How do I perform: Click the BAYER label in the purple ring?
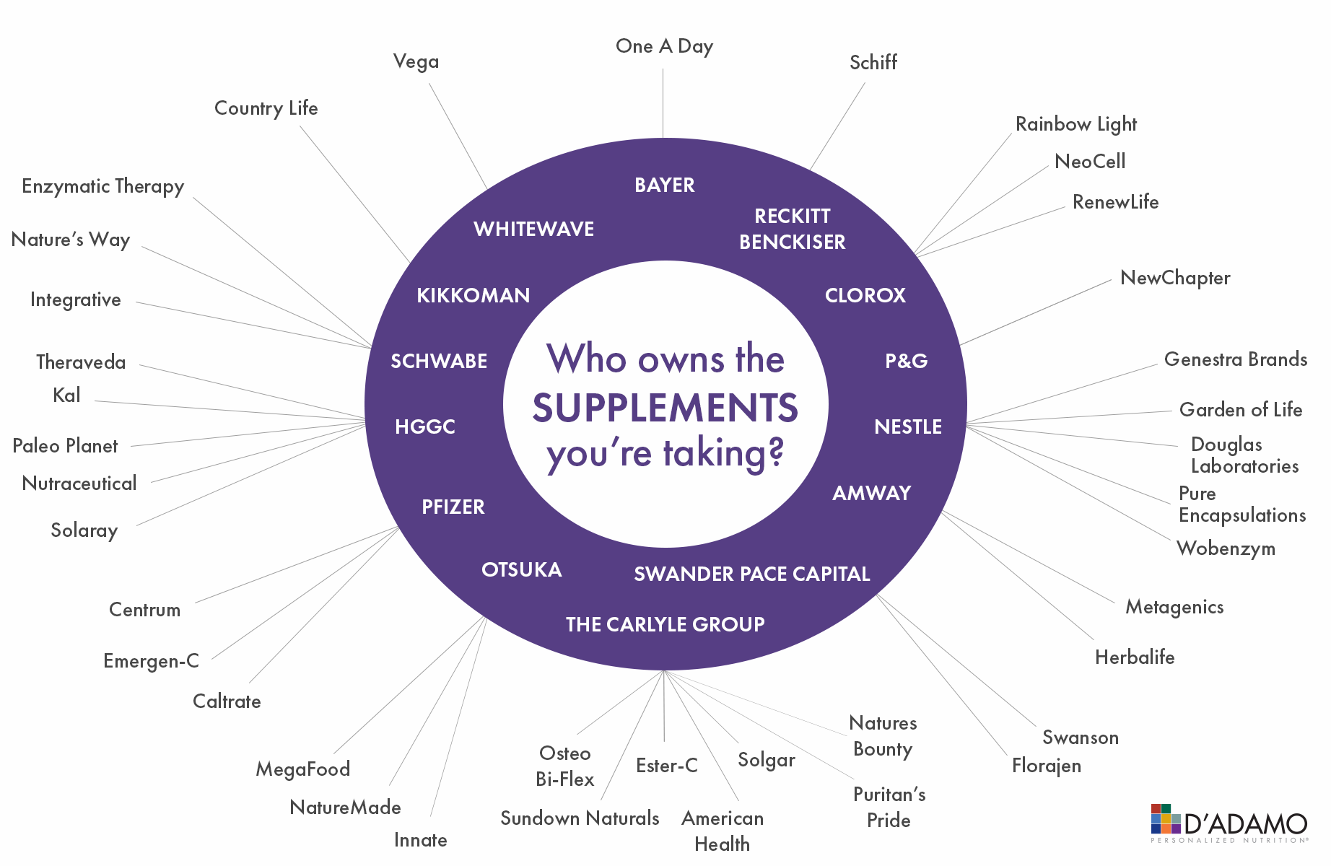click(664, 185)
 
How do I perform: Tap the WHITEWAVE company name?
click(533, 229)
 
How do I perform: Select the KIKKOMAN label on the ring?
click(473, 296)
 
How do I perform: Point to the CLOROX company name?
click(865, 296)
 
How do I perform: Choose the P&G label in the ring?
click(906, 362)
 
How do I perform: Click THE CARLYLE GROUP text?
click(665, 625)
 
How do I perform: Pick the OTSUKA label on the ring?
click(521, 570)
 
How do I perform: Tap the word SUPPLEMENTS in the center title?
click(665, 408)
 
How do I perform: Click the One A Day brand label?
click(664, 47)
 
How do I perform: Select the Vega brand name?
click(416, 62)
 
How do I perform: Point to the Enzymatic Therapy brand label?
click(102, 187)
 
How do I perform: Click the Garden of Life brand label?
click(1240, 410)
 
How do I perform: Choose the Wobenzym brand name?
click(1226, 549)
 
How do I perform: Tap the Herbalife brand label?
click(1134, 657)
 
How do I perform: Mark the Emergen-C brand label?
click(151, 661)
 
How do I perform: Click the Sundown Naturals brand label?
click(580, 818)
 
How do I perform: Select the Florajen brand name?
click(1046, 766)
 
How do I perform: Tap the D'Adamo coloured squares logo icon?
click(1165, 819)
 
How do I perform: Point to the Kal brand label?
click(66, 395)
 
